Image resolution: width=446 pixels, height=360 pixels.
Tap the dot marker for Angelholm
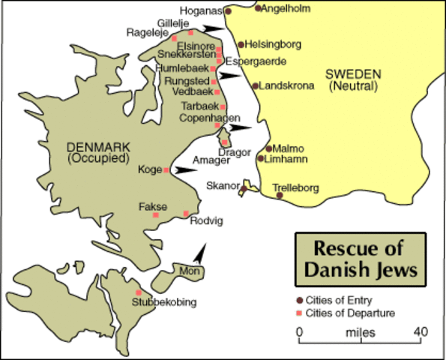click(258, 8)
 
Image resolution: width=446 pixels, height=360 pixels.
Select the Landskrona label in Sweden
click(287, 85)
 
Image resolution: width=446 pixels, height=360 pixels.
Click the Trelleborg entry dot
click(280, 195)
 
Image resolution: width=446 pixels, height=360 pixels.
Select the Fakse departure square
click(156, 215)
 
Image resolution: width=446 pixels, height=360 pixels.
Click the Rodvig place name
click(207, 220)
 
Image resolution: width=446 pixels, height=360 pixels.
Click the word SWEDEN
click(354, 74)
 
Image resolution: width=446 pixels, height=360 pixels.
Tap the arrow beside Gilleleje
click(214, 28)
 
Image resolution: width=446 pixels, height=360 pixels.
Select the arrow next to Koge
click(181, 171)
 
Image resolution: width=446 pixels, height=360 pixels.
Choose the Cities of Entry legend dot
click(300, 300)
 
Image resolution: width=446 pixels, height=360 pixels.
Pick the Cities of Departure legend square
click(300, 313)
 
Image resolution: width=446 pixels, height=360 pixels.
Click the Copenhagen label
click(211, 118)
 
